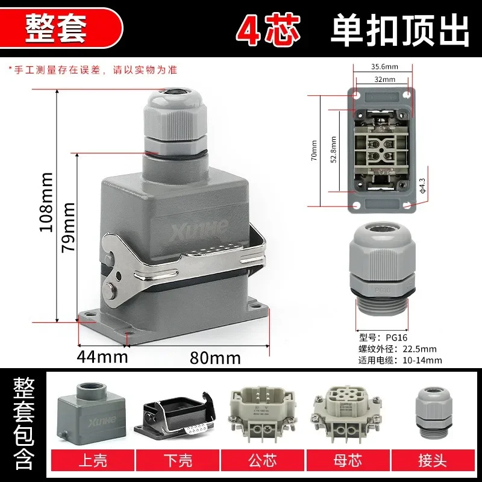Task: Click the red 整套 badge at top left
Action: [x=56, y=27]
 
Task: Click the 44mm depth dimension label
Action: [x=102, y=357]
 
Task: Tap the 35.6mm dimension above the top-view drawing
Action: [x=382, y=67]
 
